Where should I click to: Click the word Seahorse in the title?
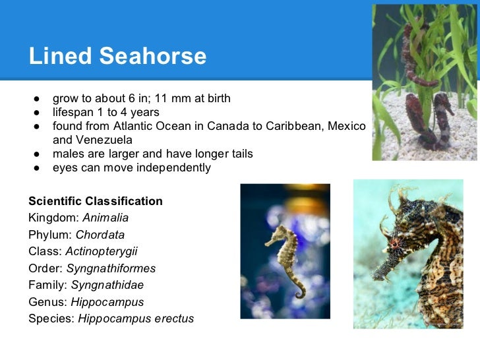pos(153,57)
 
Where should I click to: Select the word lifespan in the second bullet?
pos(75,113)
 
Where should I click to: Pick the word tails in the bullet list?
pos(238,154)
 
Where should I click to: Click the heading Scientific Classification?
pos(96,200)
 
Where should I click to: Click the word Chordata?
pos(100,235)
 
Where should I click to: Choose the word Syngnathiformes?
pos(111,268)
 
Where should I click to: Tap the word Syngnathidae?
pos(107,285)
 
